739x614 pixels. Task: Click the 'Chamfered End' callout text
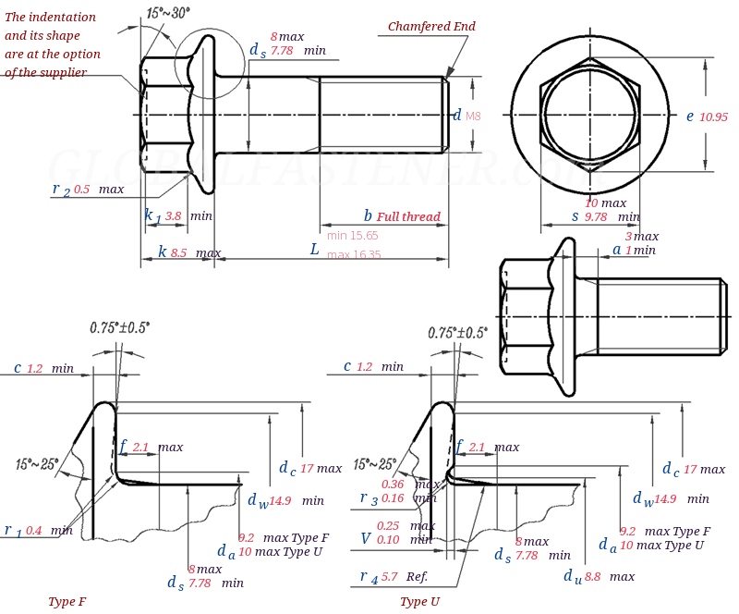[431, 27]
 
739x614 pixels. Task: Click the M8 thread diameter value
[473, 117]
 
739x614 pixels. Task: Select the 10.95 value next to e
[713, 117]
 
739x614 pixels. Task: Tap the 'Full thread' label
[408, 217]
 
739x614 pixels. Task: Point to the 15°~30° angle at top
[167, 13]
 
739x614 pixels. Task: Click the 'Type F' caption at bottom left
[67, 602]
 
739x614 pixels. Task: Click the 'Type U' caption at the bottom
[419, 602]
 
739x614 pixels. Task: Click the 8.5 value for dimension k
[178, 252]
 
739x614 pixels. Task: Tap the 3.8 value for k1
[173, 215]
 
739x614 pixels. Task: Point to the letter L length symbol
[314, 250]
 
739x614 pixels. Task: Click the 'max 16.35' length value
[354, 255]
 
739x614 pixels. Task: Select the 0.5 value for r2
[81, 190]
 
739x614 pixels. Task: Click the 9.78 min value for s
[596, 217]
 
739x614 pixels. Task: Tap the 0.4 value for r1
[33, 531]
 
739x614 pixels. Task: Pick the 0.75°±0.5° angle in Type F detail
[119, 327]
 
